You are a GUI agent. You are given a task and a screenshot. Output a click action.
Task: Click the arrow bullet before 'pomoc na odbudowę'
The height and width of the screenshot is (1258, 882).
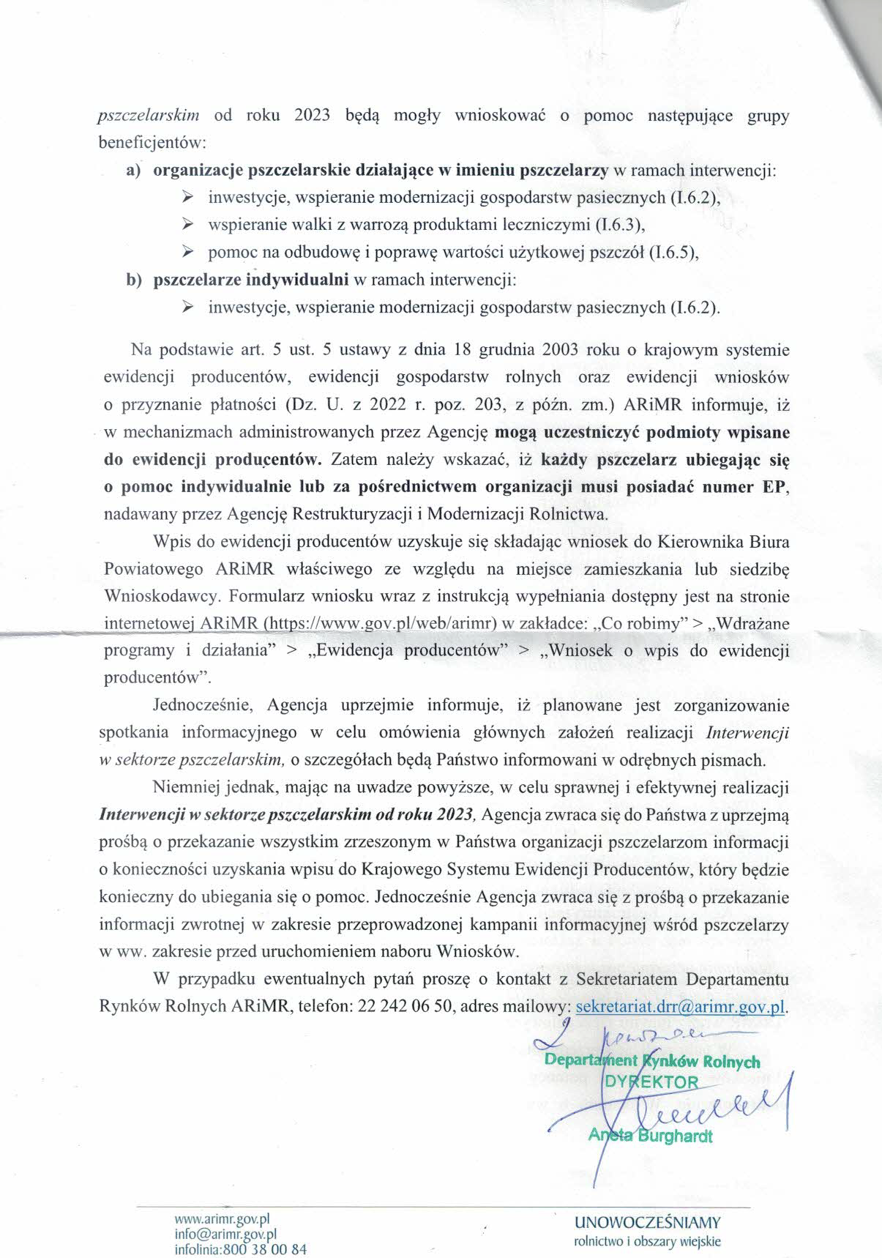[187, 253]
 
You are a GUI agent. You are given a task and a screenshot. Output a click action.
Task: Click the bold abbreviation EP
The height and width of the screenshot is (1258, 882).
[776, 487]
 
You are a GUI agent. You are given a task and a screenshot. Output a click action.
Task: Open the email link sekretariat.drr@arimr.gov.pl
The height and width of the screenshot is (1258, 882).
[681, 1006]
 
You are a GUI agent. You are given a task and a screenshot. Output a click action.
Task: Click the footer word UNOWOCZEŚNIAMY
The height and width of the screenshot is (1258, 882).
[648, 1222]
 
